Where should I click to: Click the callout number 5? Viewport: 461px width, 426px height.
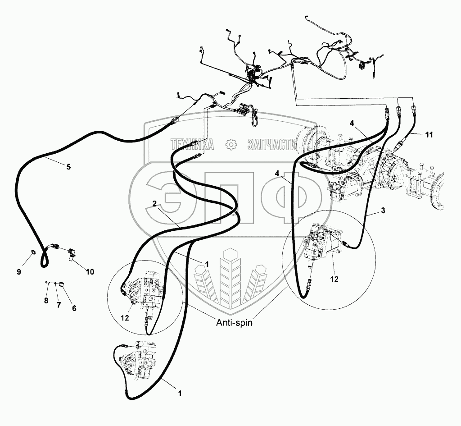(68, 167)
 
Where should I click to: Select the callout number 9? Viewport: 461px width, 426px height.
(19, 272)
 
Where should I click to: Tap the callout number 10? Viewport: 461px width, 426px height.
(90, 272)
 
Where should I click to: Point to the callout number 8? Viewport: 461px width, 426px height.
(46, 301)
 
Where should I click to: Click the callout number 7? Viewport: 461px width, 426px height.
(59, 305)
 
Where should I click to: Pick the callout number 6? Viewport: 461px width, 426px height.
(74, 308)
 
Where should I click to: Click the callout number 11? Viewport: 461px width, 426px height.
(429, 134)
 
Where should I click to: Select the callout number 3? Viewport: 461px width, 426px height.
(383, 211)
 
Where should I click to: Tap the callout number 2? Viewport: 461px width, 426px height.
(155, 203)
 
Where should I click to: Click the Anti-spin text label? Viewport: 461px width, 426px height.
(234, 323)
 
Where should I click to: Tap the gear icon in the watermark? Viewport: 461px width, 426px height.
(231, 144)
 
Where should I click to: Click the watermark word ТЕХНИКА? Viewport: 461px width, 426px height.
(192, 145)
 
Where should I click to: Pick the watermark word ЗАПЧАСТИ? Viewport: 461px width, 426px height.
(272, 145)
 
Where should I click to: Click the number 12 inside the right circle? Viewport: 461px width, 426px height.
(334, 279)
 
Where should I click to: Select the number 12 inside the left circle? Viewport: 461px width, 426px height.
(125, 318)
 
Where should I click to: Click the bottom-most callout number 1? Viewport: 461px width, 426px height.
(180, 394)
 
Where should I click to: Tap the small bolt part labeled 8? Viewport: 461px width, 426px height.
(48, 283)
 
